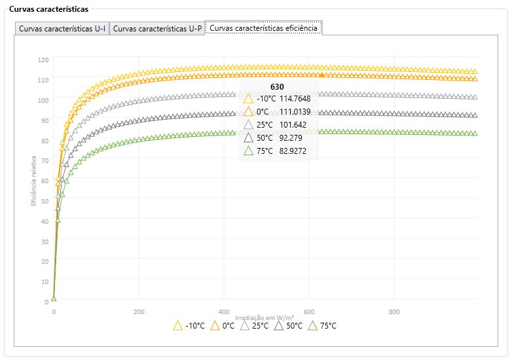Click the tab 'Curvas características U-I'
62,29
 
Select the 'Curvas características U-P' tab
157,29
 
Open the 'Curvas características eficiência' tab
263,28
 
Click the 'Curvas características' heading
48,9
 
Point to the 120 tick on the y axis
43,60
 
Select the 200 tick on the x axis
139,312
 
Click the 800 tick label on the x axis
394,312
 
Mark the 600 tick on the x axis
309,312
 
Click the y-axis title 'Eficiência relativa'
33,180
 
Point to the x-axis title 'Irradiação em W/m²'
265,317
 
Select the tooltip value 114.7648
295,98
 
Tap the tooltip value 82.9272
293,151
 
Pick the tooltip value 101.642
293,124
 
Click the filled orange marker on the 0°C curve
321,75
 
